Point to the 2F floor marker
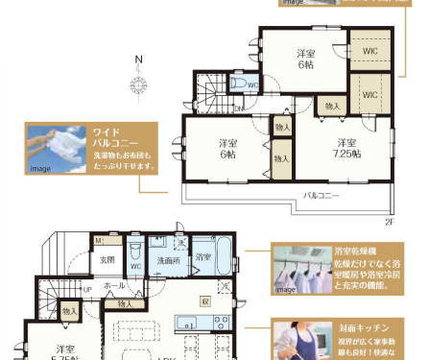coord(390,222)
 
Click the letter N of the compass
coord(139,64)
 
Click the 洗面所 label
coord(167,260)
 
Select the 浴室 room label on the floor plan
coord(202,257)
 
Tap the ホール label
coord(114,286)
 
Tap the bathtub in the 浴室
coord(223,256)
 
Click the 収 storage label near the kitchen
coord(204,300)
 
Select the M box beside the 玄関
coord(98,240)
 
